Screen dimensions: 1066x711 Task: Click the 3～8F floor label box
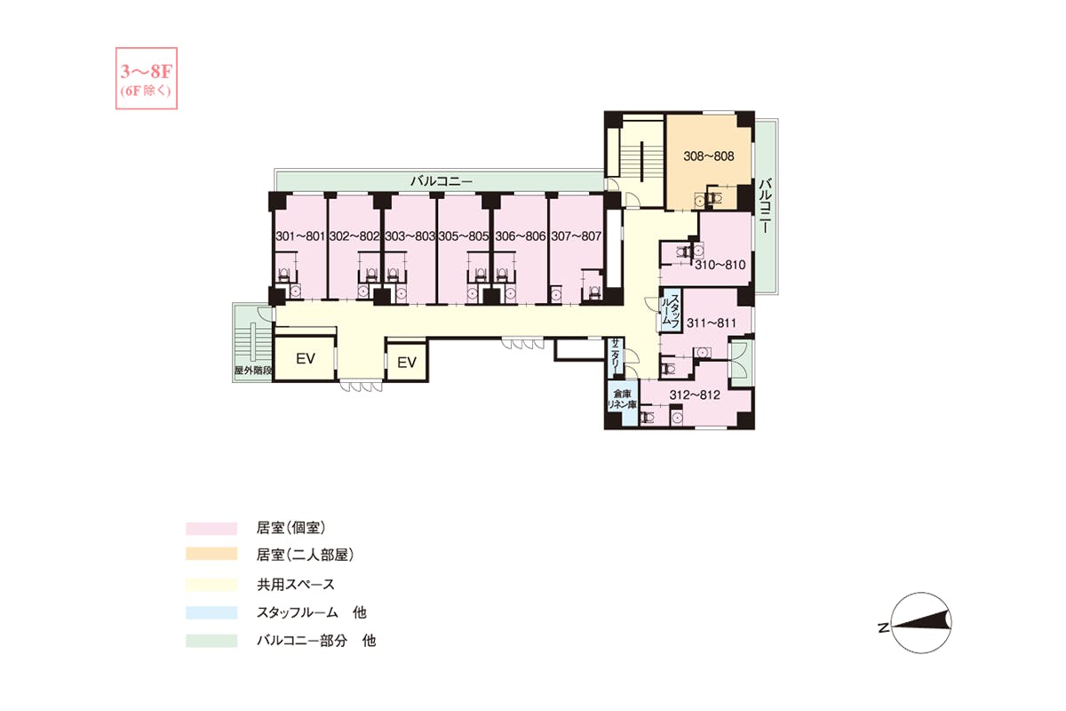pos(147,78)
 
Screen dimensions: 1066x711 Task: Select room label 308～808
pos(709,156)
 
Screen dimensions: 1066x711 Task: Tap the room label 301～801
pos(300,236)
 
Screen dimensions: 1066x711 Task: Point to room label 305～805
pos(464,236)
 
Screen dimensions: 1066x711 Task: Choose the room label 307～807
pos(577,236)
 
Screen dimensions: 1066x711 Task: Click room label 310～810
pos(720,265)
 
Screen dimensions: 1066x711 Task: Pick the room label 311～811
pos(712,323)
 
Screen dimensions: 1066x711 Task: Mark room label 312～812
pos(695,395)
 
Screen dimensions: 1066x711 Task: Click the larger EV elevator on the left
pos(305,358)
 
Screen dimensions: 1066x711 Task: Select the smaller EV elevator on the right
pos(407,363)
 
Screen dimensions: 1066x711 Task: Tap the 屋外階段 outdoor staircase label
pos(253,371)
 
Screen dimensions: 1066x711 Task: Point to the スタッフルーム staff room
pos(671,310)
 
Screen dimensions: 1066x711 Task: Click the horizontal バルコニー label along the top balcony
pos(442,181)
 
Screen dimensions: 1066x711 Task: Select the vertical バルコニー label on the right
pos(765,205)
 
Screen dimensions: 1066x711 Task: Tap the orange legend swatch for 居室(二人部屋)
pos(211,555)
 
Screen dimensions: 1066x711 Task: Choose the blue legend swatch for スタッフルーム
pos(211,612)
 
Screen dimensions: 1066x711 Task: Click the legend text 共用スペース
pos(296,584)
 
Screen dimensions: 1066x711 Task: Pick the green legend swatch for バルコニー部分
pos(211,641)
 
